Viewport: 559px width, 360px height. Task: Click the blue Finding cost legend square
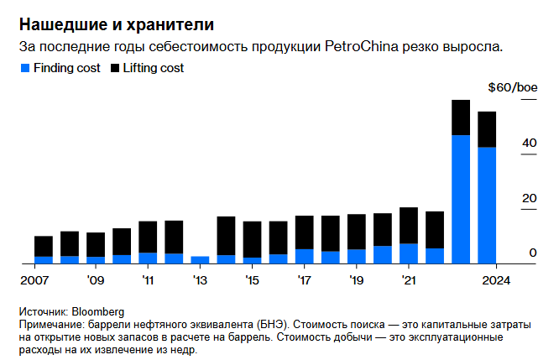pyautogui.click(x=24, y=67)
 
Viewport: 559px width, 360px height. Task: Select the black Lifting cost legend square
pyautogui.click(x=115, y=67)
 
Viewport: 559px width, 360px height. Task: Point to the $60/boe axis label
pyautogui.click(x=512, y=87)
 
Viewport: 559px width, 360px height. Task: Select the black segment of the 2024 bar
pyautogui.click(x=487, y=129)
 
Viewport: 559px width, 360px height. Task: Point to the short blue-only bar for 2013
pyautogui.click(x=200, y=259)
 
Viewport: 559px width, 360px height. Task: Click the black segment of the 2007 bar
pyautogui.click(x=44, y=246)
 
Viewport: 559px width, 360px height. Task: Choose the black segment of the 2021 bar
pyautogui.click(x=409, y=225)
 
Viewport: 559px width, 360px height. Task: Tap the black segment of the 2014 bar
pyautogui.click(x=226, y=236)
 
